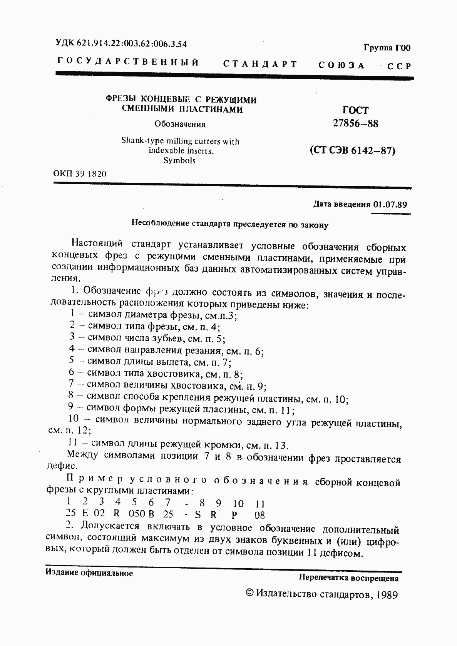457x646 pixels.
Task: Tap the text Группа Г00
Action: pos(387,48)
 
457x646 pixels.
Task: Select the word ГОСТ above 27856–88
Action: pos(355,110)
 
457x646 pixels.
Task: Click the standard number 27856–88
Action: pos(355,124)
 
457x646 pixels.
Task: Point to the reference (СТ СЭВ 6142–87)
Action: pos(353,150)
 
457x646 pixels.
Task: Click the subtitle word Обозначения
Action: pos(180,124)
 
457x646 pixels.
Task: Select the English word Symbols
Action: pos(179,160)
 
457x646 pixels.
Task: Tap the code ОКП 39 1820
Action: pos(80,174)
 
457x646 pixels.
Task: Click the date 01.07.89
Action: pos(390,204)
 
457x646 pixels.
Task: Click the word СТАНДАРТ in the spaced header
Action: pos(260,64)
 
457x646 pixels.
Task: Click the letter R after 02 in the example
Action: pos(117,514)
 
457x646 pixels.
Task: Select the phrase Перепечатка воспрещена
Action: pos(348,578)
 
